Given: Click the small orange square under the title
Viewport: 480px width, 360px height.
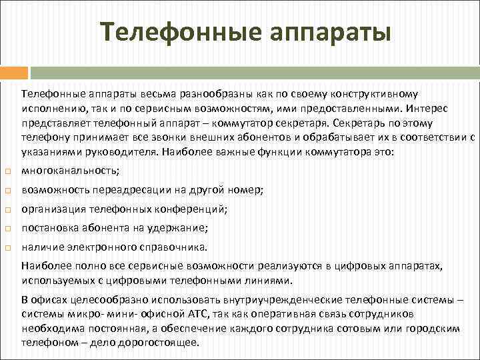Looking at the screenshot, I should (15, 71).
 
